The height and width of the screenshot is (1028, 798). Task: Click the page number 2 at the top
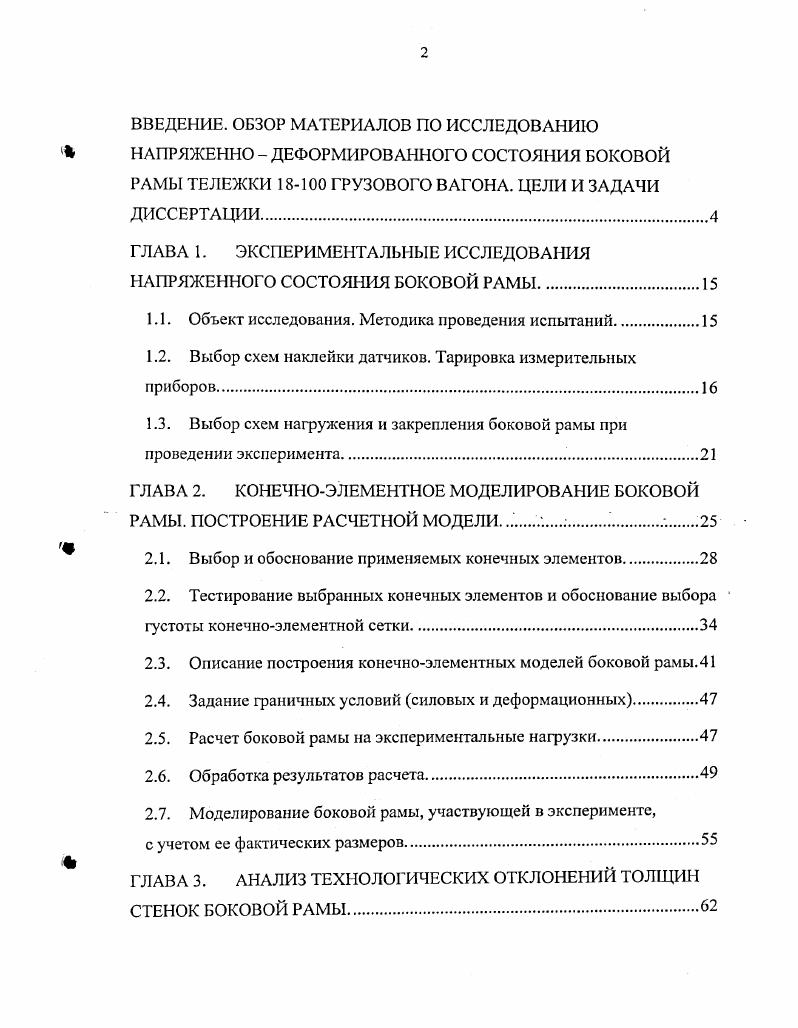pyautogui.click(x=423, y=53)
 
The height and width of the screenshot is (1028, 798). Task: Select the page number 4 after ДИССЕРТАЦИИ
pyautogui.click(x=713, y=218)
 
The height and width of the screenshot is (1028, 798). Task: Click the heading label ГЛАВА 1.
pyautogui.click(x=168, y=252)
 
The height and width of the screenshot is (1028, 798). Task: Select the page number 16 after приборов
pyautogui.click(x=708, y=388)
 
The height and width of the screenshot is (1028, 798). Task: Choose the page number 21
pyautogui.click(x=709, y=455)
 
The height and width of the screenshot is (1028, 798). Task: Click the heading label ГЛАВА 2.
pyautogui.click(x=168, y=491)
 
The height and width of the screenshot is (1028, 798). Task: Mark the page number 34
pyautogui.click(x=708, y=626)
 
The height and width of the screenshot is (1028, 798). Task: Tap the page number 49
pyautogui.click(x=708, y=772)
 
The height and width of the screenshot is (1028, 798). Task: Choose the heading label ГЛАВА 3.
pyautogui.click(x=168, y=880)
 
